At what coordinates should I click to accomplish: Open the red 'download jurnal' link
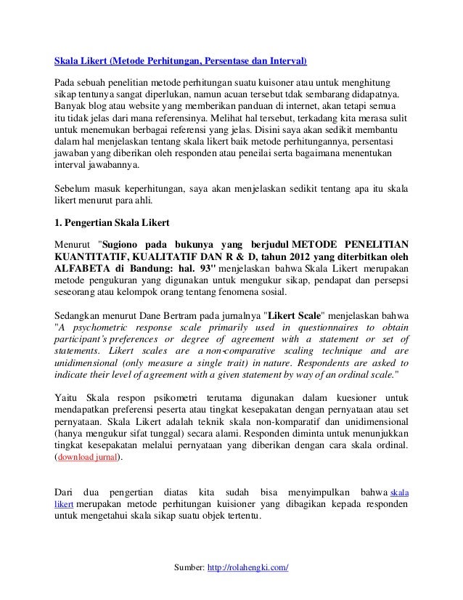tap(89, 458)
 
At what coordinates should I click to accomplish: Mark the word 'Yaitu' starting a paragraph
tap(67, 397)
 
